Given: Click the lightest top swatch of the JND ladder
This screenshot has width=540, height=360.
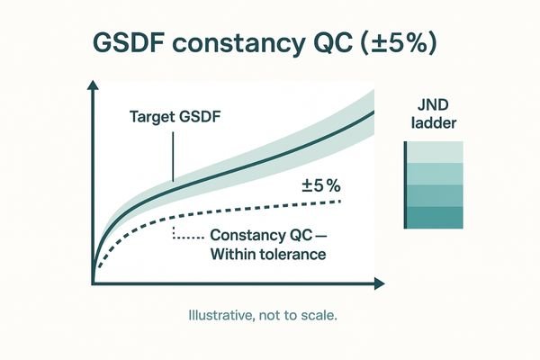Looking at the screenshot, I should point(436,152).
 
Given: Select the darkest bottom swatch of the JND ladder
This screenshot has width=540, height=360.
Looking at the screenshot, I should point(436,217).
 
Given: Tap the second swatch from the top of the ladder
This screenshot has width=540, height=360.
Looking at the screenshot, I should point(436,174).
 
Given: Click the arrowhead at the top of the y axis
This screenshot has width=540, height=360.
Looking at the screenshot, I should point(94,86).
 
